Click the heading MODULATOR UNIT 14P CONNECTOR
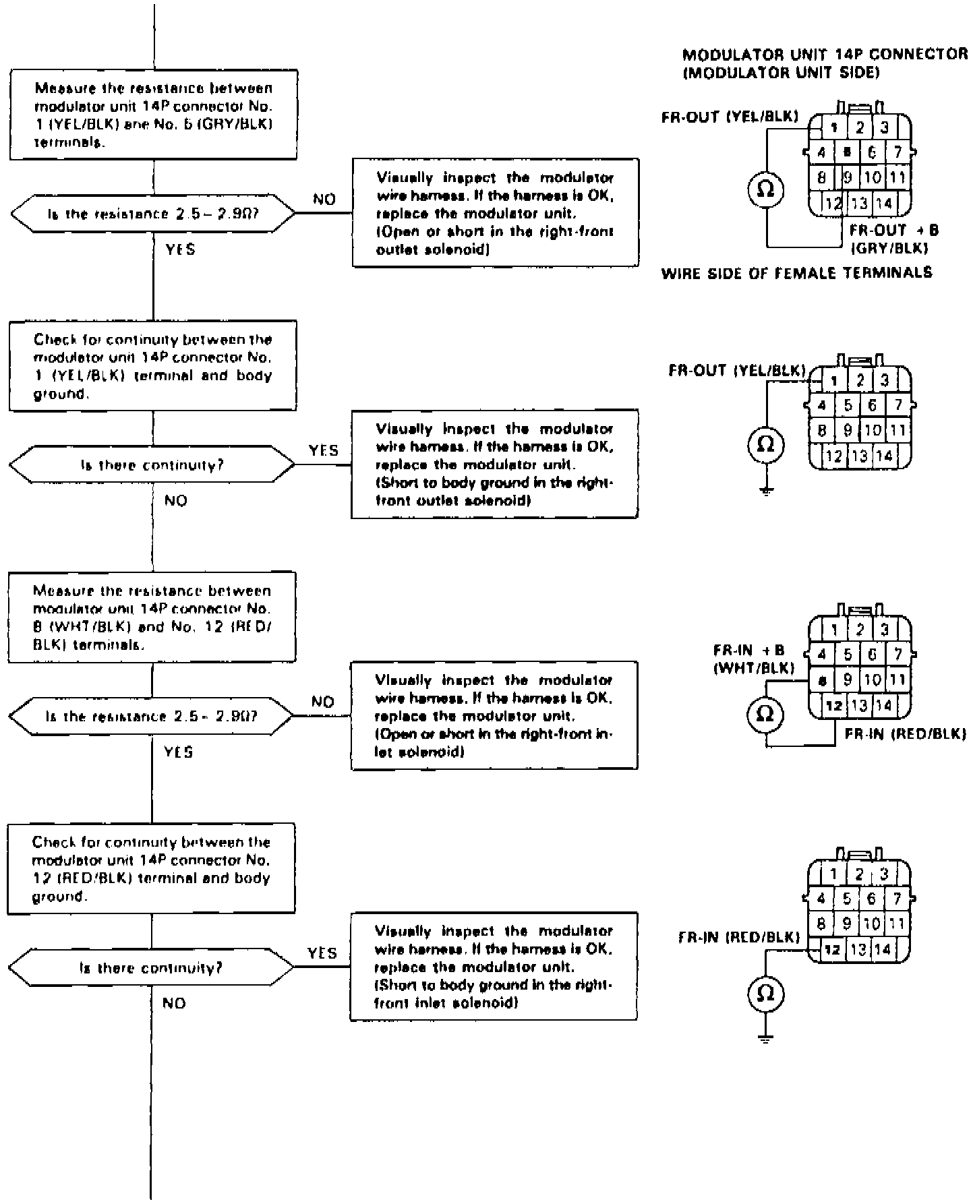tap(825, 55)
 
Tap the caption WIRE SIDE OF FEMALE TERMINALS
tap(796, 273)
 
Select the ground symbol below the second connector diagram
tap(766, 491)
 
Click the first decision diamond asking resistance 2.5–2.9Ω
tap(153, 214)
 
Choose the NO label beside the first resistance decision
tap(324, 200)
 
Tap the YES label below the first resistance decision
tap(180, 249)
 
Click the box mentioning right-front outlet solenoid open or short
tap(495, 213)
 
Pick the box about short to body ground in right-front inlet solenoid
tap(494, 967)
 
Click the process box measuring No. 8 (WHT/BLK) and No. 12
tap(152, 616)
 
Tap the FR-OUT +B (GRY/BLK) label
tap(894, 238)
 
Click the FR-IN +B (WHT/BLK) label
tap(753, 659)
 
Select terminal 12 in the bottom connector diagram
tap(833, 950)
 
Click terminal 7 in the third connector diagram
tap(898, 654)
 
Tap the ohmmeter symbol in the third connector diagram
tap(766, 714)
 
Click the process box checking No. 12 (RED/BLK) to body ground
tap(151, 868)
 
